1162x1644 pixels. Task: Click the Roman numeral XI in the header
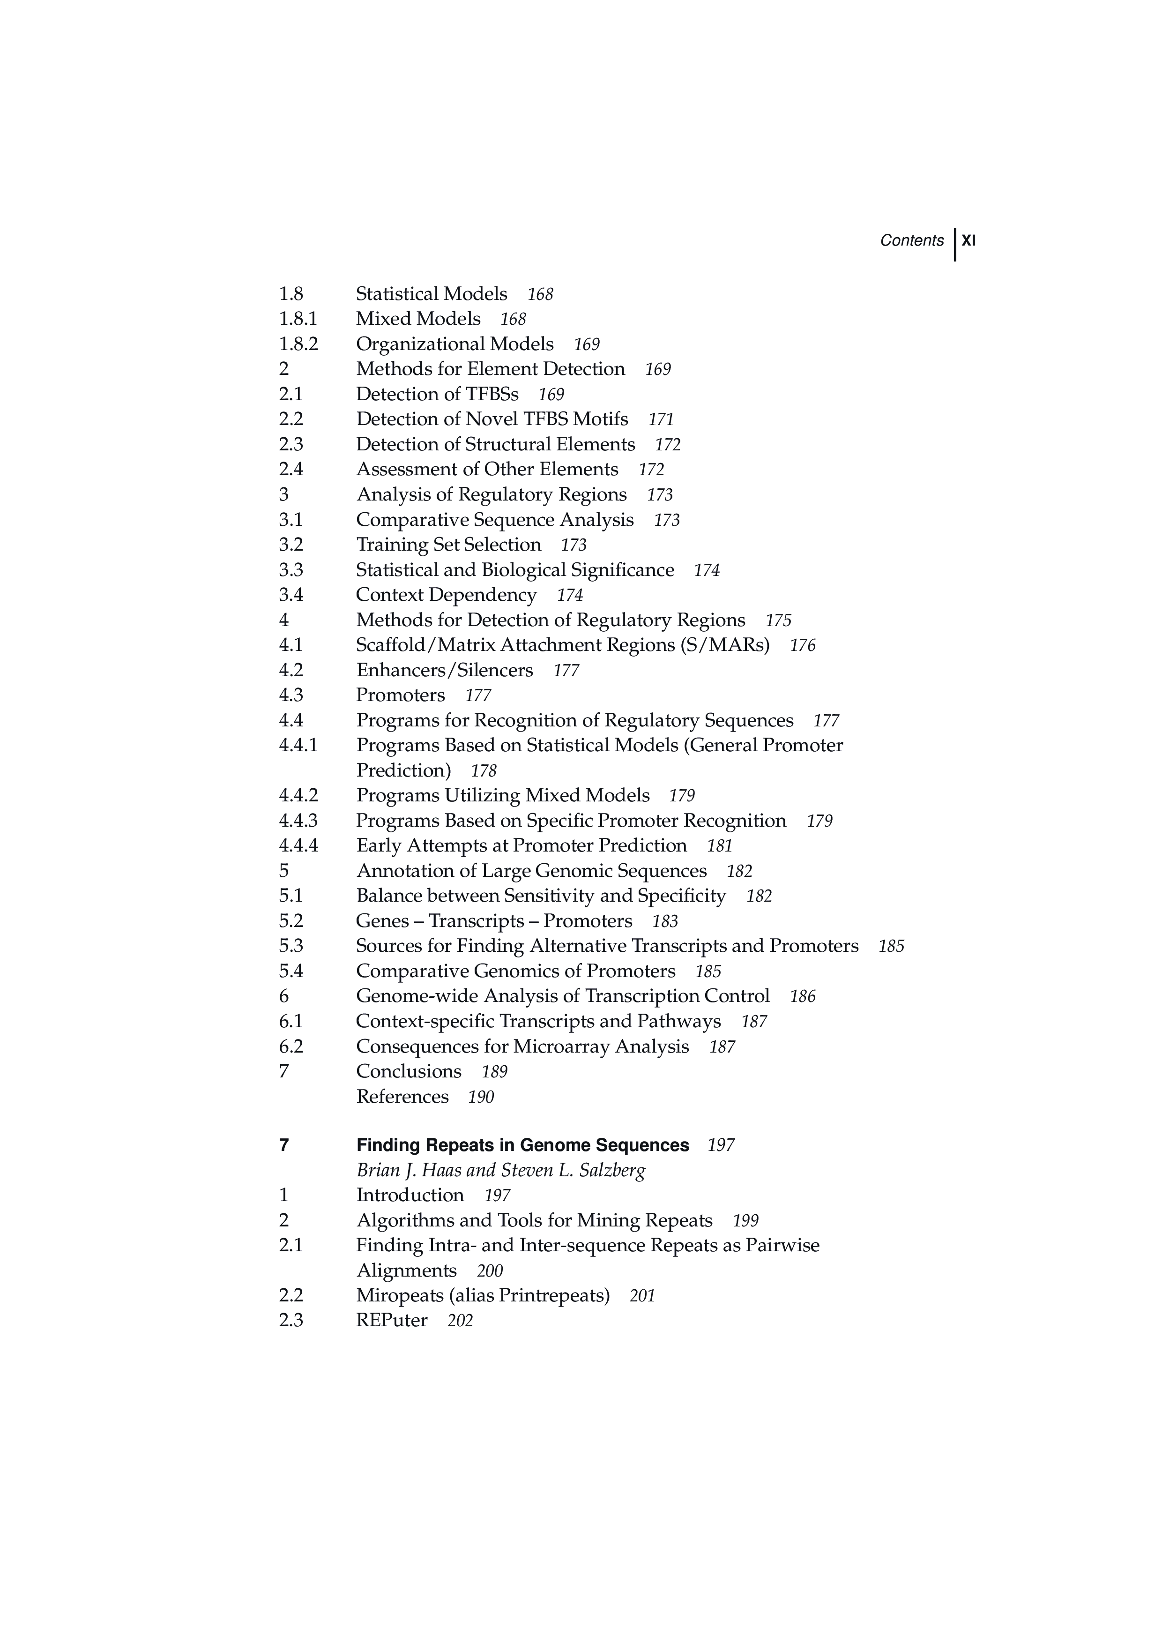[968, 240]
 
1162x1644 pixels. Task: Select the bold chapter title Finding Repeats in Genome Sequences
[522, 1145]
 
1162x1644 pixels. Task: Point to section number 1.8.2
[298, 344]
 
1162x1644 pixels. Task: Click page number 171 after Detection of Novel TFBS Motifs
[661, 419]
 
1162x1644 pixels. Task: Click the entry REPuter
[392, 1320]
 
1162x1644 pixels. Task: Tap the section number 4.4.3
[298, 821]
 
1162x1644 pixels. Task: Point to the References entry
[402, 1096]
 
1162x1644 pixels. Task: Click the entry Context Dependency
[446, 595]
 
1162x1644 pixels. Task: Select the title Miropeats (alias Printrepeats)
[483, 1295]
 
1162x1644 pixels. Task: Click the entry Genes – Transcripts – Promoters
[494, 921]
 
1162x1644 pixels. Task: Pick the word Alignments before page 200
[406, 1270]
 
